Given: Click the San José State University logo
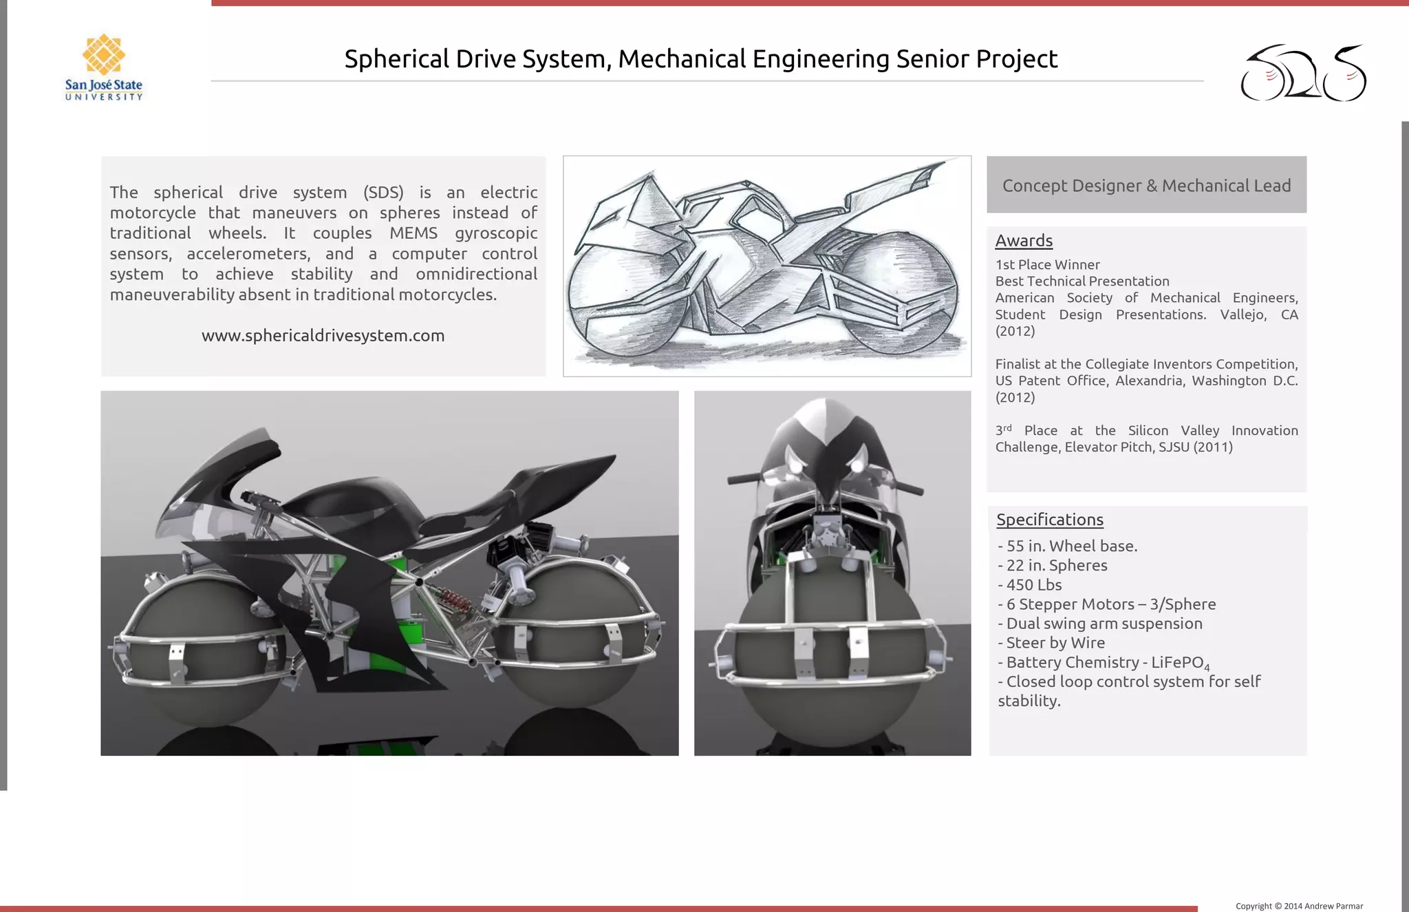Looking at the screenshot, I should coord(104,67).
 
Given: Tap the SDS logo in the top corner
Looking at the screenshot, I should coord(1303,73).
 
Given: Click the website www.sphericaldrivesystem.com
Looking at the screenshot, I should coord(323,336).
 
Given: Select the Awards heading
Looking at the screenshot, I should coord(1024,241).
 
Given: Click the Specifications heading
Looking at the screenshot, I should coord(1050,520).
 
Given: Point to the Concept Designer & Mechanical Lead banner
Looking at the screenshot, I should coord(1146,185).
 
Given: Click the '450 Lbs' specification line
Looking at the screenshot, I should coord(1033,585).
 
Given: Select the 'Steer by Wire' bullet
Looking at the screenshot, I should coord(1055,643).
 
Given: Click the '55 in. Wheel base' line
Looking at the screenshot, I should coord(1071,547).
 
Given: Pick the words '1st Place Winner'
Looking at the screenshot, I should coord(1047,265).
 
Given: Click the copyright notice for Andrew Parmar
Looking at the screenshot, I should coord(1299,906).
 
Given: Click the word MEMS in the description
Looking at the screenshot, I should coord(413,233).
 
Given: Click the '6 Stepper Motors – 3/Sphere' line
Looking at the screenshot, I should coord(1110,604).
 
